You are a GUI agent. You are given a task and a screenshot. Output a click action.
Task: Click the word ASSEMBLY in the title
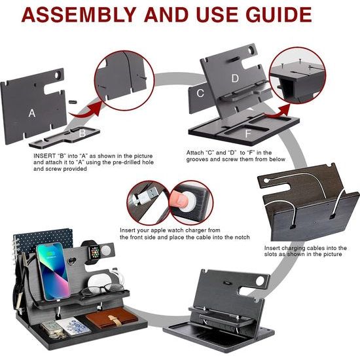(79, 14)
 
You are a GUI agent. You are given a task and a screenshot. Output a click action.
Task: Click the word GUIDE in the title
(278, 14)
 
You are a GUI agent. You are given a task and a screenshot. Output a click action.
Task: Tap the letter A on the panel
(32, 113)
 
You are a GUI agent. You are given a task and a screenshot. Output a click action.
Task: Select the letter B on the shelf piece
(82, 133)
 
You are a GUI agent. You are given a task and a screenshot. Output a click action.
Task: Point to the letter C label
(200, 93)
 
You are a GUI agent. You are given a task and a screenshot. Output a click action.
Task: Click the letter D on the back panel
(235, 79)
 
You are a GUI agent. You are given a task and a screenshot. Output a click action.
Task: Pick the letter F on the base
(247, 134)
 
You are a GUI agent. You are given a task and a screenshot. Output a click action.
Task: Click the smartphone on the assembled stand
(54, 272)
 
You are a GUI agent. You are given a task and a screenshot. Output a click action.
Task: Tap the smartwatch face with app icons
(95, 251)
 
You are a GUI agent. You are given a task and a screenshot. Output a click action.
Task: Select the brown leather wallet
(112, 317)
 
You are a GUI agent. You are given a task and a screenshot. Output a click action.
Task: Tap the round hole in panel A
(58, 75)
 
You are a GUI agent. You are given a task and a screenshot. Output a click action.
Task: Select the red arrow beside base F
(277, 111)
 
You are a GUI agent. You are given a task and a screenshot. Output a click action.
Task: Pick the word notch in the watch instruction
(241, 237)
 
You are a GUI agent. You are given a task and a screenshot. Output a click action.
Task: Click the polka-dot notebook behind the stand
(43, 240)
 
